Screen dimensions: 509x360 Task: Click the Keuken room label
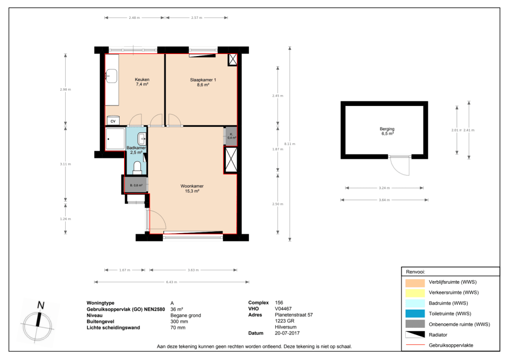click(x=142, y=79)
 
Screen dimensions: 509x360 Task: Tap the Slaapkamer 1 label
click(x=203, y=80)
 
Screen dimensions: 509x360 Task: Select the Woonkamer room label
click(x=192, y=186)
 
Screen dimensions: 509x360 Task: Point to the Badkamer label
click(x=136, y=148)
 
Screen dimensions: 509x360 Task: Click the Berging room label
click(x=387, y=129)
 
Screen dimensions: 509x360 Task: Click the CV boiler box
click(x=113, y=121)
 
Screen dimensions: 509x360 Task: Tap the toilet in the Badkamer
click(x=137, y=167)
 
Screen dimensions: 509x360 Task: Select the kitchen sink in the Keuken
click(x=111, y=76)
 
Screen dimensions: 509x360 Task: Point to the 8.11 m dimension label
click(x=290, y=144)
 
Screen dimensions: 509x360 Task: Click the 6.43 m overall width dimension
click(x=172, y=282)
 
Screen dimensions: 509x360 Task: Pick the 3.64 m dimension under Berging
click(x=384, y=200)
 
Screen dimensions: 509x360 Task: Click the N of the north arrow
click(x=41, y=305)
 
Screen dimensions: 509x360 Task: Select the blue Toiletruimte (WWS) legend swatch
click(x=415, y=314)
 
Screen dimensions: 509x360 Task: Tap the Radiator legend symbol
click(x=415, y=335)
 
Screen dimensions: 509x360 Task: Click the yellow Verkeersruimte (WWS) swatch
click(x=415, y=292)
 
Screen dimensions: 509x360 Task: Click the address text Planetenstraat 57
click(x=294, y=315)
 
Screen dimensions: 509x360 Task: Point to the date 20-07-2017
click(x=287, y=333)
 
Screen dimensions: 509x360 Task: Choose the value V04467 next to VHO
click(x=283, y=309)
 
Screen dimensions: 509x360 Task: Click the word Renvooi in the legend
click(x=415, y=272)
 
